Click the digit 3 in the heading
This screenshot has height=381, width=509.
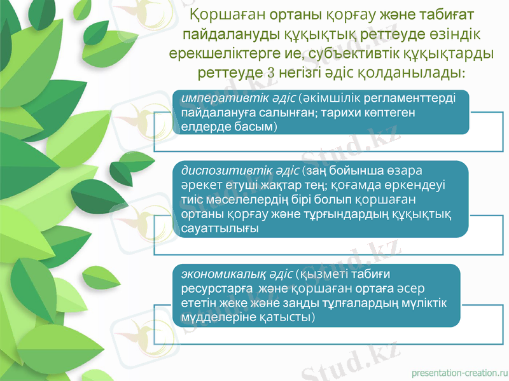272,72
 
